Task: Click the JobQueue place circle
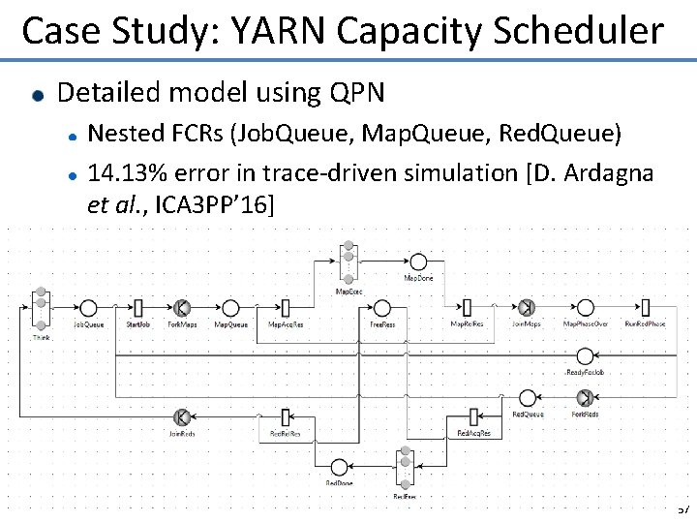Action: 88,308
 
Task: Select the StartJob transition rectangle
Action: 137,308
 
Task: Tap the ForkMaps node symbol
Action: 181,308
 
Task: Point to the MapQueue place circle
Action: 230,308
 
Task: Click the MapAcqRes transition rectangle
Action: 285,308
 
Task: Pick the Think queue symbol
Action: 41,308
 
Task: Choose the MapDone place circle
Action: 418,261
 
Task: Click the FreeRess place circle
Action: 382,308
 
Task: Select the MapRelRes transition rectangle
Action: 467,308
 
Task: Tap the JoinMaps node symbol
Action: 526,308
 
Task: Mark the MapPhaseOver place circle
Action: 585,308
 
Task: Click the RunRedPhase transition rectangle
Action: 645,308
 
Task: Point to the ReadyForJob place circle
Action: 585,356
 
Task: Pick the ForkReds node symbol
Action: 585,397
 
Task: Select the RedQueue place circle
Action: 528,397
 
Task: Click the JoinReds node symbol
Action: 181,417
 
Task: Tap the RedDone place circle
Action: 339,467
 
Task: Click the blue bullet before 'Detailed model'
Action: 37,95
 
